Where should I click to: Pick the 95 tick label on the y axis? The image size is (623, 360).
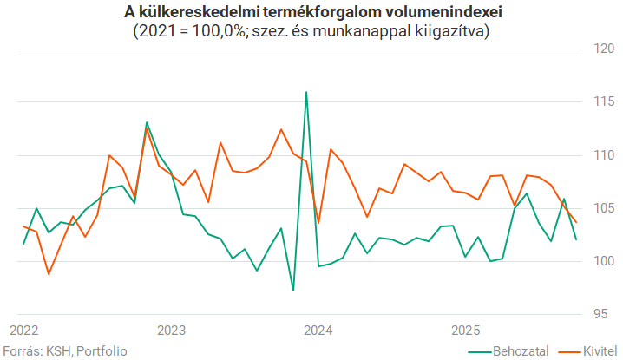point(605,313)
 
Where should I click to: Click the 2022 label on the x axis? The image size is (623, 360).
point(24,331)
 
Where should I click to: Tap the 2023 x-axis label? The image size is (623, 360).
point(172,331)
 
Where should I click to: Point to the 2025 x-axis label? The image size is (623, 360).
point(467,331)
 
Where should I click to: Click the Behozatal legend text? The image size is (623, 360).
point(521,351)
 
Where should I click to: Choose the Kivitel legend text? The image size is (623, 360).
point(596,351)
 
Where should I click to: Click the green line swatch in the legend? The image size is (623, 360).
point(479,351)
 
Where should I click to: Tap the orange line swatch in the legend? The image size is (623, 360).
point(567,351)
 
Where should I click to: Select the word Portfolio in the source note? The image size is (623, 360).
point(102,351)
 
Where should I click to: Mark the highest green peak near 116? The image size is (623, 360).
point(306,92)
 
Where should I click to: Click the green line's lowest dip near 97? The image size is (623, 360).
point(293,290)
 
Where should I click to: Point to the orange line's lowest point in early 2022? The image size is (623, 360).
point(49,274)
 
